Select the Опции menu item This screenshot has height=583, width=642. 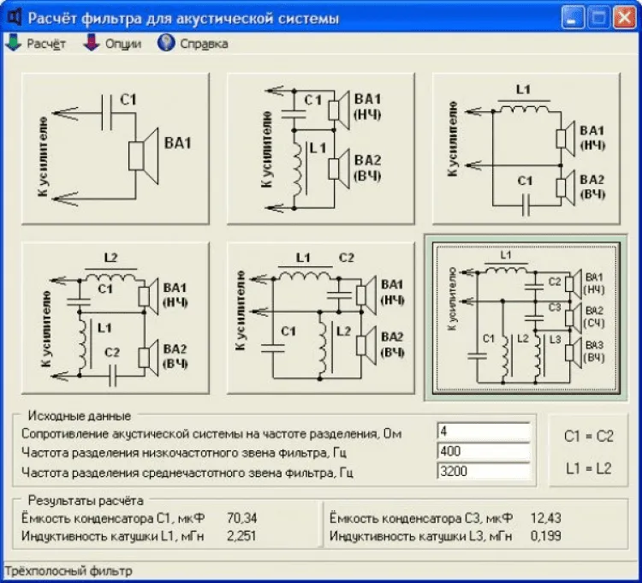point(113,44)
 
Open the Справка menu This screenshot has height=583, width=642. point(193,44)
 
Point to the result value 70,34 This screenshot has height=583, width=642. point(241,518)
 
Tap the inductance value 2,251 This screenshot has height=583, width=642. point(241,536)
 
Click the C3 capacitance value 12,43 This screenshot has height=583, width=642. point(544,518)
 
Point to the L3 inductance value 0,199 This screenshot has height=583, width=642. point(544,536)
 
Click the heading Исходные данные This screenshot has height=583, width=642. point(79,416)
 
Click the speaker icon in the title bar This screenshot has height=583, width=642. point(14,17)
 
